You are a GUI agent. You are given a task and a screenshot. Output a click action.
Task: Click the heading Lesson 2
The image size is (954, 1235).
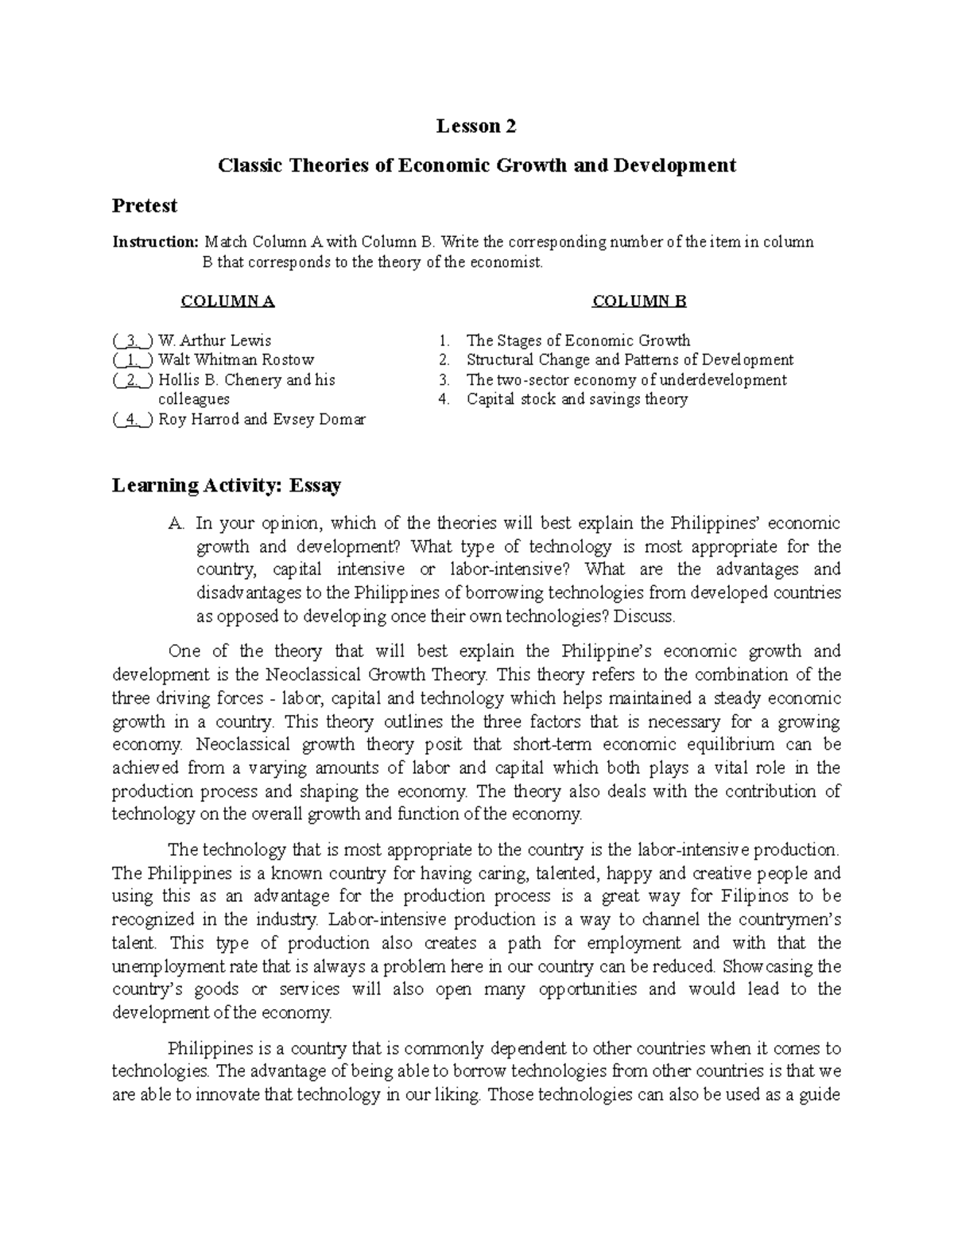pos(476,126)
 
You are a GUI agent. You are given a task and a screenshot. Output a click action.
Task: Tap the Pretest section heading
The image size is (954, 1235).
pos(144,206)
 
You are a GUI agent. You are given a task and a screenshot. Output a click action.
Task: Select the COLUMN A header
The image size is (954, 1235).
pos(227,301)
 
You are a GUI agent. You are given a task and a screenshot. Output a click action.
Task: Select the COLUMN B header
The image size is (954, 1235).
pos(638,301)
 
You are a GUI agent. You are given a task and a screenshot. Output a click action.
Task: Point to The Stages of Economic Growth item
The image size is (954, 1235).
pos(578,341)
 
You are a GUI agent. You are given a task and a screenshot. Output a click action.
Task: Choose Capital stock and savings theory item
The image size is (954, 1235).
pos(576,399)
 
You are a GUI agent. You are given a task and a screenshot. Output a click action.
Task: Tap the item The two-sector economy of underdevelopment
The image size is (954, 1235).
pos(626,380)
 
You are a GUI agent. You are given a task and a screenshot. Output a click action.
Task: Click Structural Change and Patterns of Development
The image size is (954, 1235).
pos(630,360)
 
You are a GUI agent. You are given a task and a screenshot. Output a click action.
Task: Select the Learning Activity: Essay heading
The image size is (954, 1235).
pos(227,485)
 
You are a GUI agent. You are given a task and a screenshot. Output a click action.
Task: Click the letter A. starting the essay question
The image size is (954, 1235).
pos(176,523)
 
